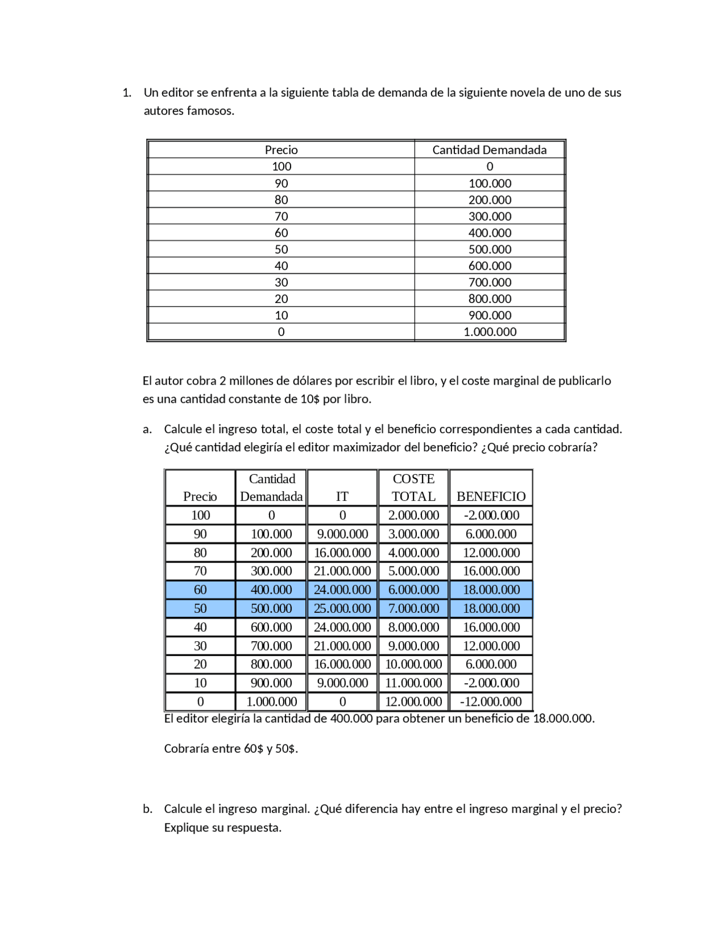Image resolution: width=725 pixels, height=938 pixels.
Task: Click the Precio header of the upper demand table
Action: tap(281, 150)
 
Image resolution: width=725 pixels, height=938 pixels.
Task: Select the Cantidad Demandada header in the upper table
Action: tap(489, 150)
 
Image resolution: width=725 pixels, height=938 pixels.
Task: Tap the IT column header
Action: tap(342, 496)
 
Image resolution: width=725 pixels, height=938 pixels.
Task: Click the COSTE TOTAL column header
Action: tap(413, 488)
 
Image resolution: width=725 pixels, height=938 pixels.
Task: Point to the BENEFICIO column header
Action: tap(491, 496)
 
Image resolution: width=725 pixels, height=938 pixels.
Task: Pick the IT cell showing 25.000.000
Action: tap(342, 608)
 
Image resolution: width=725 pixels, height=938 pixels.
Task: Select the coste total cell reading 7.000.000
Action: tap(413, 608)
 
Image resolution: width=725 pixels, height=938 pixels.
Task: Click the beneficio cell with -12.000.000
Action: tap(491, 702)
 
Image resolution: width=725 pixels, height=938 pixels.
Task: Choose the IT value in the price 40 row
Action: tap(342, 627)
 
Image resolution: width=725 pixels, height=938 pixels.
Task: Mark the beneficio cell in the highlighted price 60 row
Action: tap(491, 590)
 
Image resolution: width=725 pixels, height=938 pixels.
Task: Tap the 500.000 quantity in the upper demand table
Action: tap(489, 249)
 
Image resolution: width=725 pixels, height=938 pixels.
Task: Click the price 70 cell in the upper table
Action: tap(281, 216)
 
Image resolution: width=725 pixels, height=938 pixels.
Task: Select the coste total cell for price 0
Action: tap(413, 702)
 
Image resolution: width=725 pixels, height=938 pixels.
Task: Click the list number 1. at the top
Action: tap(127, 93)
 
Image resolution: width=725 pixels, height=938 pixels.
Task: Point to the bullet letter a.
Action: tap(147, 429)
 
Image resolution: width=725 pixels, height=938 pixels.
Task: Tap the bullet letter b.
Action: tap(147, 809)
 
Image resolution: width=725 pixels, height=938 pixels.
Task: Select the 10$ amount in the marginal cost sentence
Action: tap(310, 399)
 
